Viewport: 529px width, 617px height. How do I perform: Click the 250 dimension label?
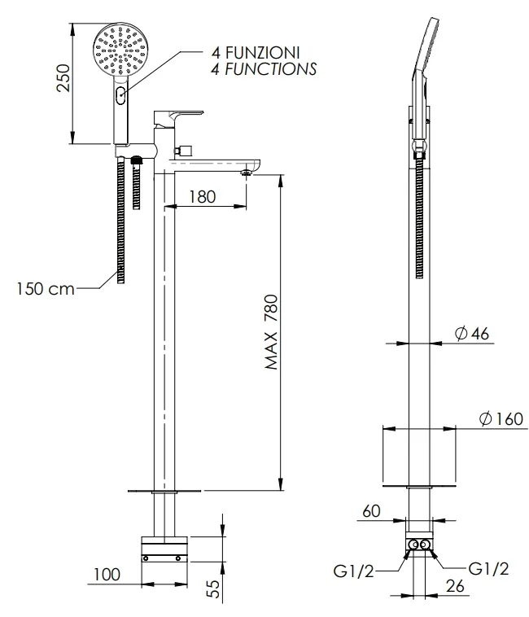(63, 78)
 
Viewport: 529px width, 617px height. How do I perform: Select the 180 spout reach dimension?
(202, 197)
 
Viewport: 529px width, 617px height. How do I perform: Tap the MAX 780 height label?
(271, 332)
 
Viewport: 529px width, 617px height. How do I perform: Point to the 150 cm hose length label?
(46, 288)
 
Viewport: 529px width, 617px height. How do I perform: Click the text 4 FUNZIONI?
(256, 52)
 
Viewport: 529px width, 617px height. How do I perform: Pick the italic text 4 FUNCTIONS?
(264, 69)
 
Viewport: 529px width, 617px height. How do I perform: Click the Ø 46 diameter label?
(471, 334)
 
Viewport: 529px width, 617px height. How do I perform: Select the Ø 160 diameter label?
(501, 418)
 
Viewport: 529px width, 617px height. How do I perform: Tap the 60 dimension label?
(371, 510)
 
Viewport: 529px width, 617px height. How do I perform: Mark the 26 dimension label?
(455, 586)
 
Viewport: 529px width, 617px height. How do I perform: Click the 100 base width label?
(107, 575)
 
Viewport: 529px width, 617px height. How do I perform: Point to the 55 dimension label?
(213, 589)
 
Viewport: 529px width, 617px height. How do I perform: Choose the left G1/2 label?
(353, 571)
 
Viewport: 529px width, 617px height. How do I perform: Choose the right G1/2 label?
(488, 569)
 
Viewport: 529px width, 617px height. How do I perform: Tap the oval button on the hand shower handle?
(120, 95)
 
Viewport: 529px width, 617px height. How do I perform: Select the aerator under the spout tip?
(247, 173)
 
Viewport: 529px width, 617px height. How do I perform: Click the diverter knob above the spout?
(184, 150)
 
